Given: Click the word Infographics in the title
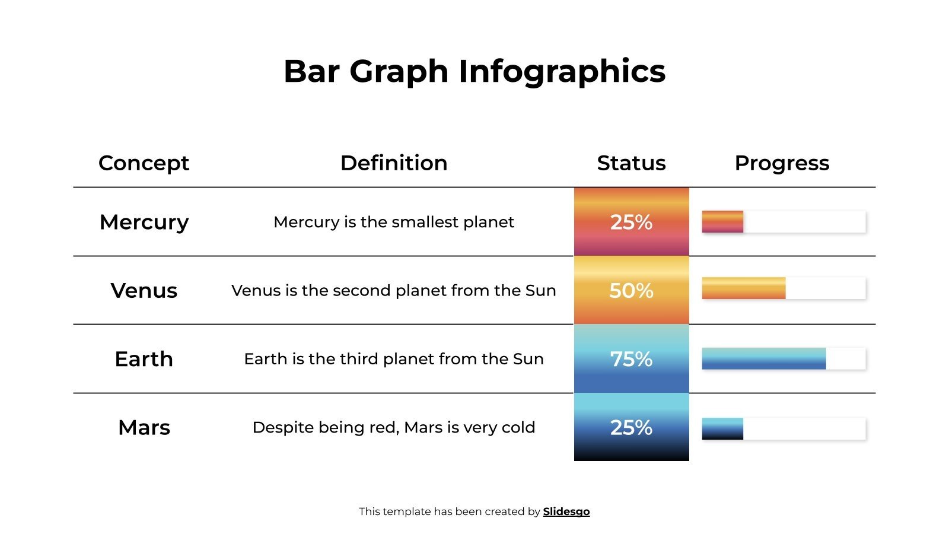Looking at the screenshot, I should pyautogui.click(x=562, y=72).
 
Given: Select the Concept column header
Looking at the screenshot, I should pyautogui.click(x=144, y=163).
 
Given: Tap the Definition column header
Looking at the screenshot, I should pyautogui.click(x=394, y=163).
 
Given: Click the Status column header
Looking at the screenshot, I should pyautogui.click(x=631, y=163).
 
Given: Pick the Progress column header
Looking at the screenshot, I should pyautogui.click(x=782, y=163).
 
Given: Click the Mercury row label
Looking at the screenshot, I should pyautogui.click(x=144, y=222).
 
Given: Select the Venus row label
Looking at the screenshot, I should pyautogui.click(x=144, y=291).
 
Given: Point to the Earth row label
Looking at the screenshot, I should pyautogui.click(x=144, y=359).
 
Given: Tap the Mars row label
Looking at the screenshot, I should pyautogui.click(x=144, y=427).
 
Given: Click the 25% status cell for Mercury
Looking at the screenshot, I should pyautogui.click(x=631, y=222).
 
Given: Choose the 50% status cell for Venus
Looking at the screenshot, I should pyautogui.click(x=631, y=291).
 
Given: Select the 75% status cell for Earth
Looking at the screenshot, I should pyautogui.click(x=631, y=359).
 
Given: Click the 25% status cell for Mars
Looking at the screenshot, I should pyautogui.click(x=631, y=427).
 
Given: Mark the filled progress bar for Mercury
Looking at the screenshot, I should pyautogui.click(x=722, y=222).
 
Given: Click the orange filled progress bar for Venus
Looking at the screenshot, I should pyautogui.click(x=744, y=288).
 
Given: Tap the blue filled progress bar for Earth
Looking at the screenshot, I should pyautogui.click(x=764, y=359).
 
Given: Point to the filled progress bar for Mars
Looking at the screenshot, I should pyautogui.click(x=722, y=428).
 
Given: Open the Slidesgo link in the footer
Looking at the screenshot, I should pyautogui.click(x=566, y=511).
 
